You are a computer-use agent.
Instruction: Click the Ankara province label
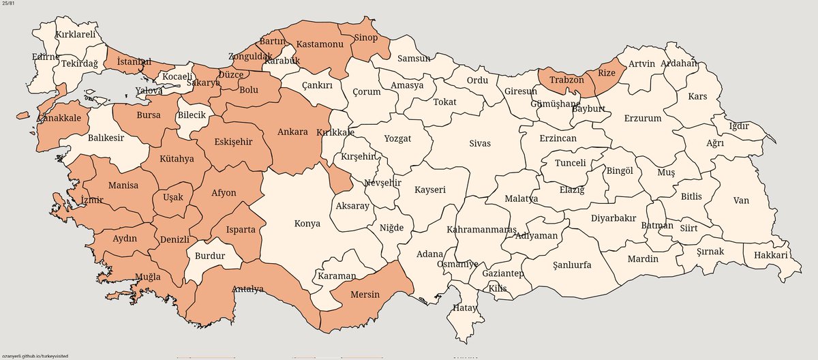coord(292,132)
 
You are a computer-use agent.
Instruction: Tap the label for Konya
coord(307,223)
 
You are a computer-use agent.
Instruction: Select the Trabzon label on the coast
coord(562,79)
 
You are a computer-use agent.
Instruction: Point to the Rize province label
coord(607,72)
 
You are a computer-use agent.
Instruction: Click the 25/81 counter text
coord(9,4)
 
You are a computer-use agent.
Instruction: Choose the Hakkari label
coord(770,255)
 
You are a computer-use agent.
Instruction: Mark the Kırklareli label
coord(76,33)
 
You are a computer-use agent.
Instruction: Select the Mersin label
coord(364,295)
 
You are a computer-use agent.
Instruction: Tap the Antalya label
coord(247,288)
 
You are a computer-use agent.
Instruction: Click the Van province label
coord(741,200)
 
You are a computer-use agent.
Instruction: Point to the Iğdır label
coord(739,125)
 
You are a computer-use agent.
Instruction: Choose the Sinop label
coord(365,38)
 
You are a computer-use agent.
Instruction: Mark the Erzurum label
coord(642,118)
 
